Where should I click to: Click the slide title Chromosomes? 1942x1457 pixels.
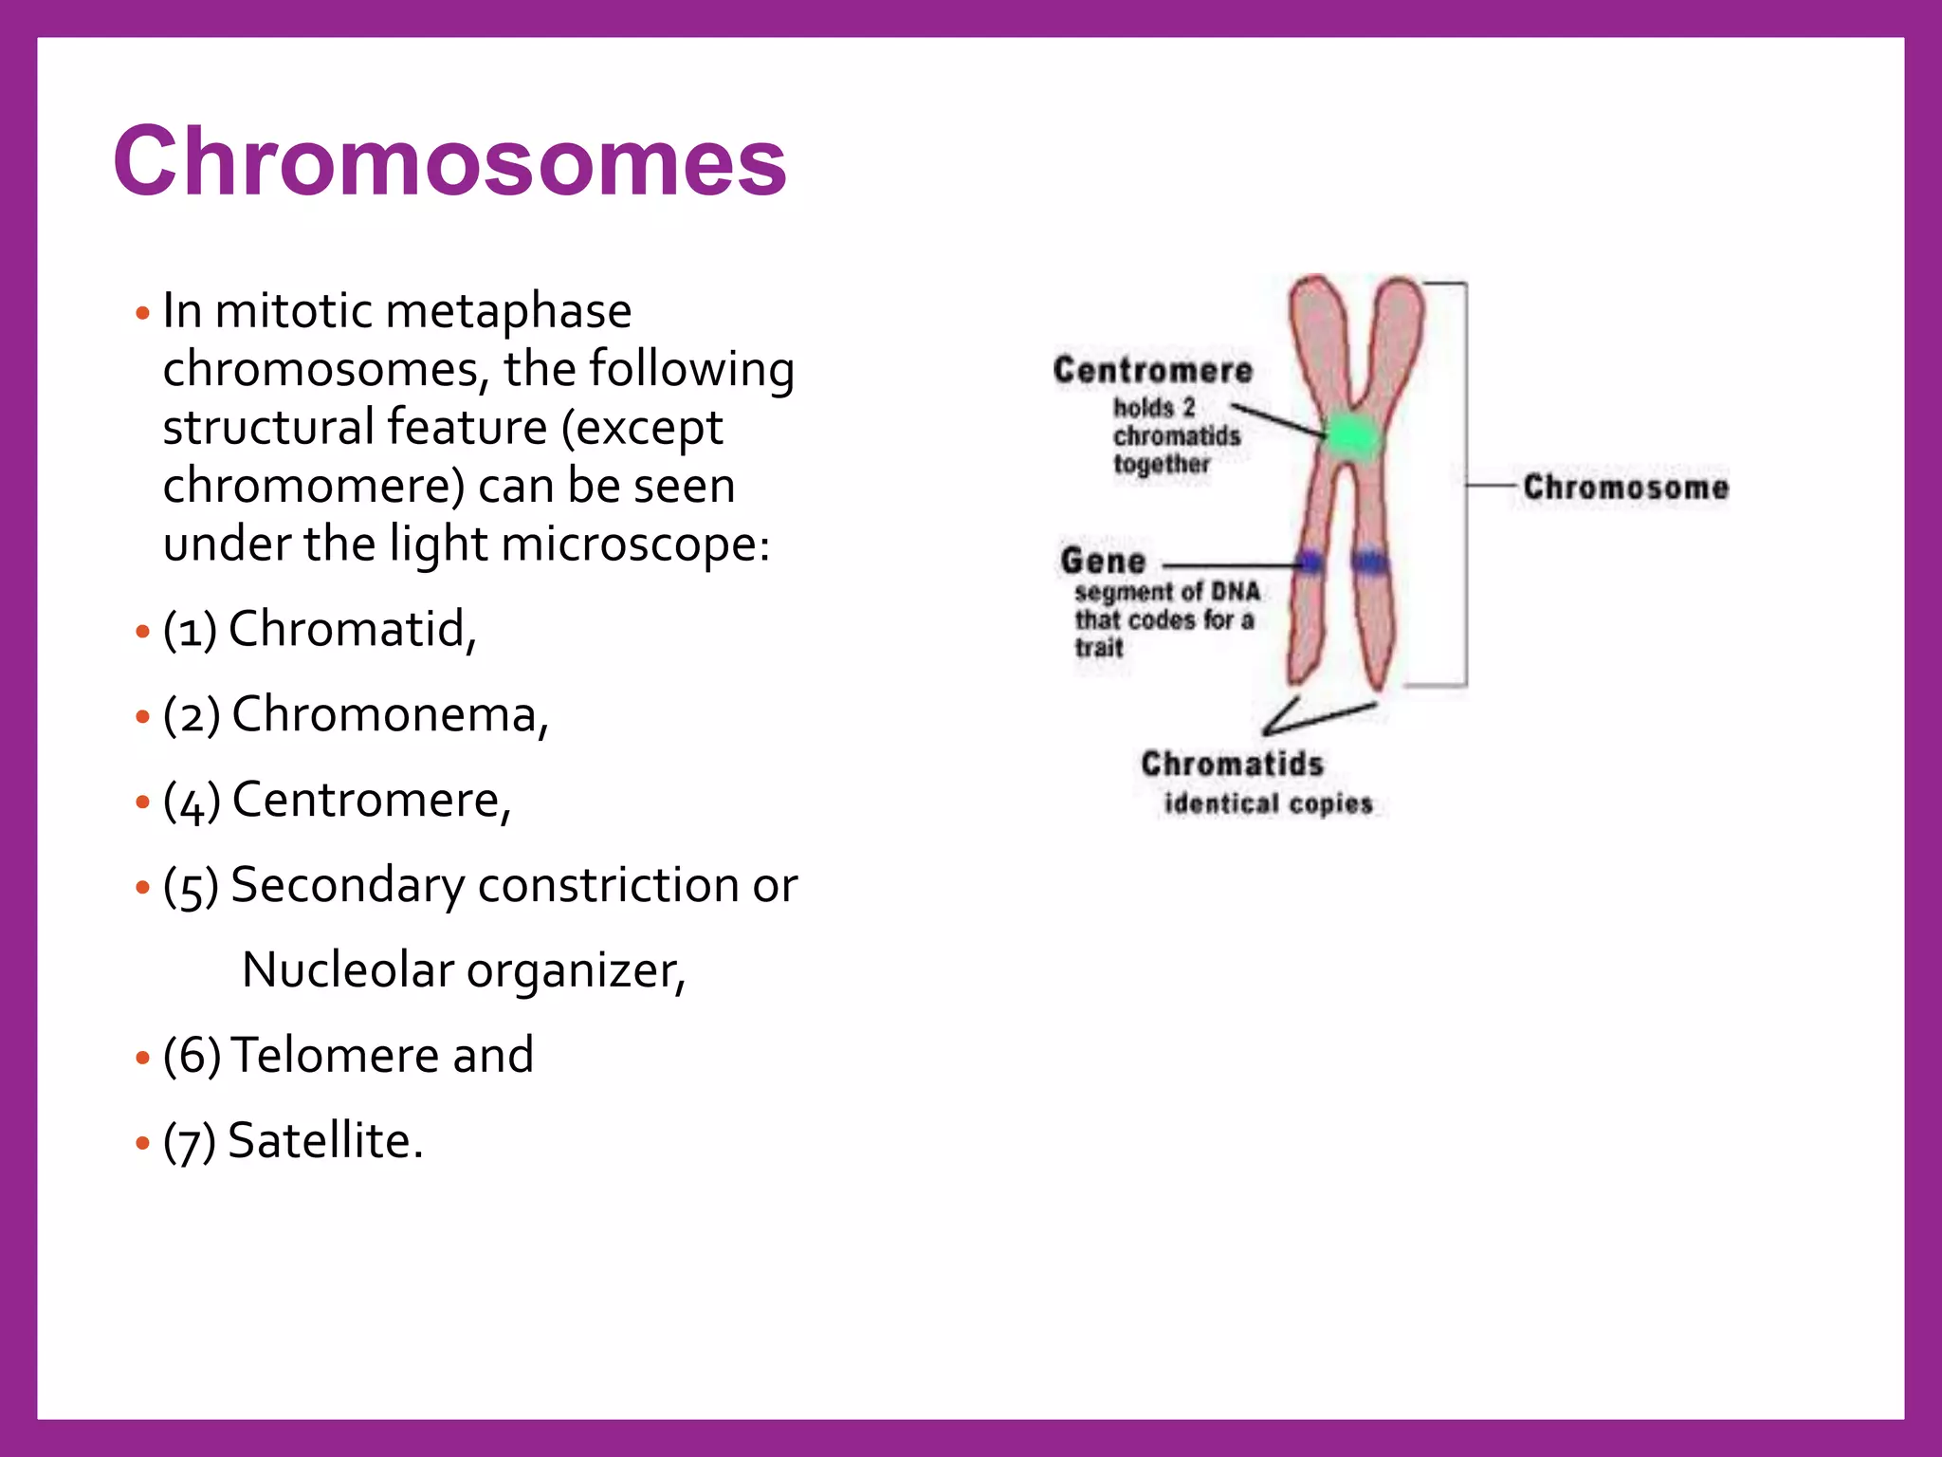(449, 162)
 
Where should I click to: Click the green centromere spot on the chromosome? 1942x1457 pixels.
(1351, 437)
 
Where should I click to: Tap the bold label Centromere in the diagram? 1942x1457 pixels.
(1152, 371)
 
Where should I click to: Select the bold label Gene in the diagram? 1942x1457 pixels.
(1103, 562)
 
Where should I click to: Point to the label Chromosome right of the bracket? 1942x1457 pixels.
(1625, 488)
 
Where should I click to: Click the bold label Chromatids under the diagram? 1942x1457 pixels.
(1231, 764)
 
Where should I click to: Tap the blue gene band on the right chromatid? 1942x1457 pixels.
(1369, 563)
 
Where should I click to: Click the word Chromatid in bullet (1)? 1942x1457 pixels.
(351, 629)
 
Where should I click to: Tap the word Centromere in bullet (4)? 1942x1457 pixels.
(371, 800)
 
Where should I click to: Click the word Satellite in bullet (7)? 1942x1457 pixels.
(324, 1140)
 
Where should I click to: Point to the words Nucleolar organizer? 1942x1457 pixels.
(463, 970)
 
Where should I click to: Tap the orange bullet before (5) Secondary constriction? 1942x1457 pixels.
(143, 888)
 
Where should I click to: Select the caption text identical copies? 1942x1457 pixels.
(1268, 804)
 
